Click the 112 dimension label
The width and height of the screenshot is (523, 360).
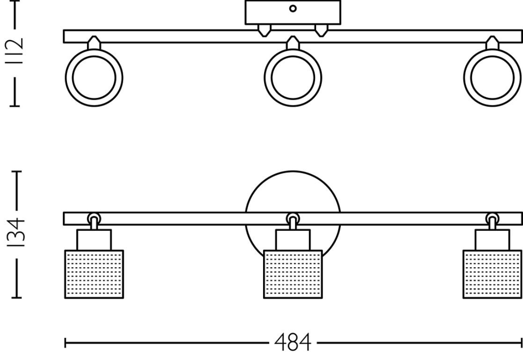15,51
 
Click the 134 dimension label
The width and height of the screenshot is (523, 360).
15,232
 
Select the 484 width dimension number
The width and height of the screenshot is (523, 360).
293,342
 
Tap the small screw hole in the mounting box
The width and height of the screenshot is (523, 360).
293,9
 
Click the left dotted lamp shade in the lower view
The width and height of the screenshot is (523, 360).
94,274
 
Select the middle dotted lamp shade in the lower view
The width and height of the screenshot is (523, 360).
293,274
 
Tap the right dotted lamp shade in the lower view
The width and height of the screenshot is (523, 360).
492,274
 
